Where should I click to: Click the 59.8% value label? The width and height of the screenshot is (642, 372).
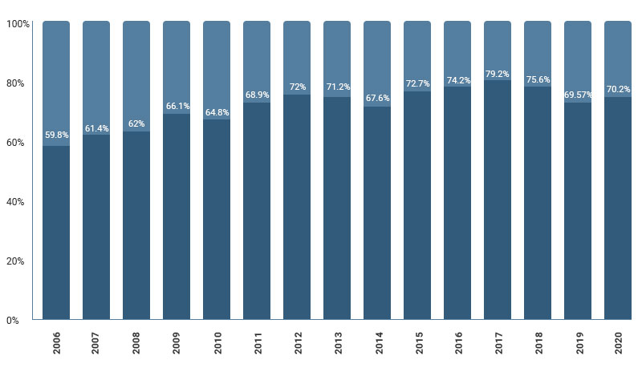click(56, 135)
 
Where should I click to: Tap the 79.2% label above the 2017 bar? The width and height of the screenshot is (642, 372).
click(498, 75)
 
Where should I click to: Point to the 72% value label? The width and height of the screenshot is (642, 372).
click(297, 87)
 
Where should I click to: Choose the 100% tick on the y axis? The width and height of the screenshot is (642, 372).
click(18, 24)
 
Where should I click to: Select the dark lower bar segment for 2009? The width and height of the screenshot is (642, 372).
click(177, 216)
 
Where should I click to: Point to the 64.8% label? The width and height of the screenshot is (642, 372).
click(217, 112)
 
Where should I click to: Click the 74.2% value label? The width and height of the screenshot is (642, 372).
click(457, 81)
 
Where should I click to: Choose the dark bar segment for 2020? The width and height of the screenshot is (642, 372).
click(618, 208)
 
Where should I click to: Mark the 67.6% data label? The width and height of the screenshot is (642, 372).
click(377, 99)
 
